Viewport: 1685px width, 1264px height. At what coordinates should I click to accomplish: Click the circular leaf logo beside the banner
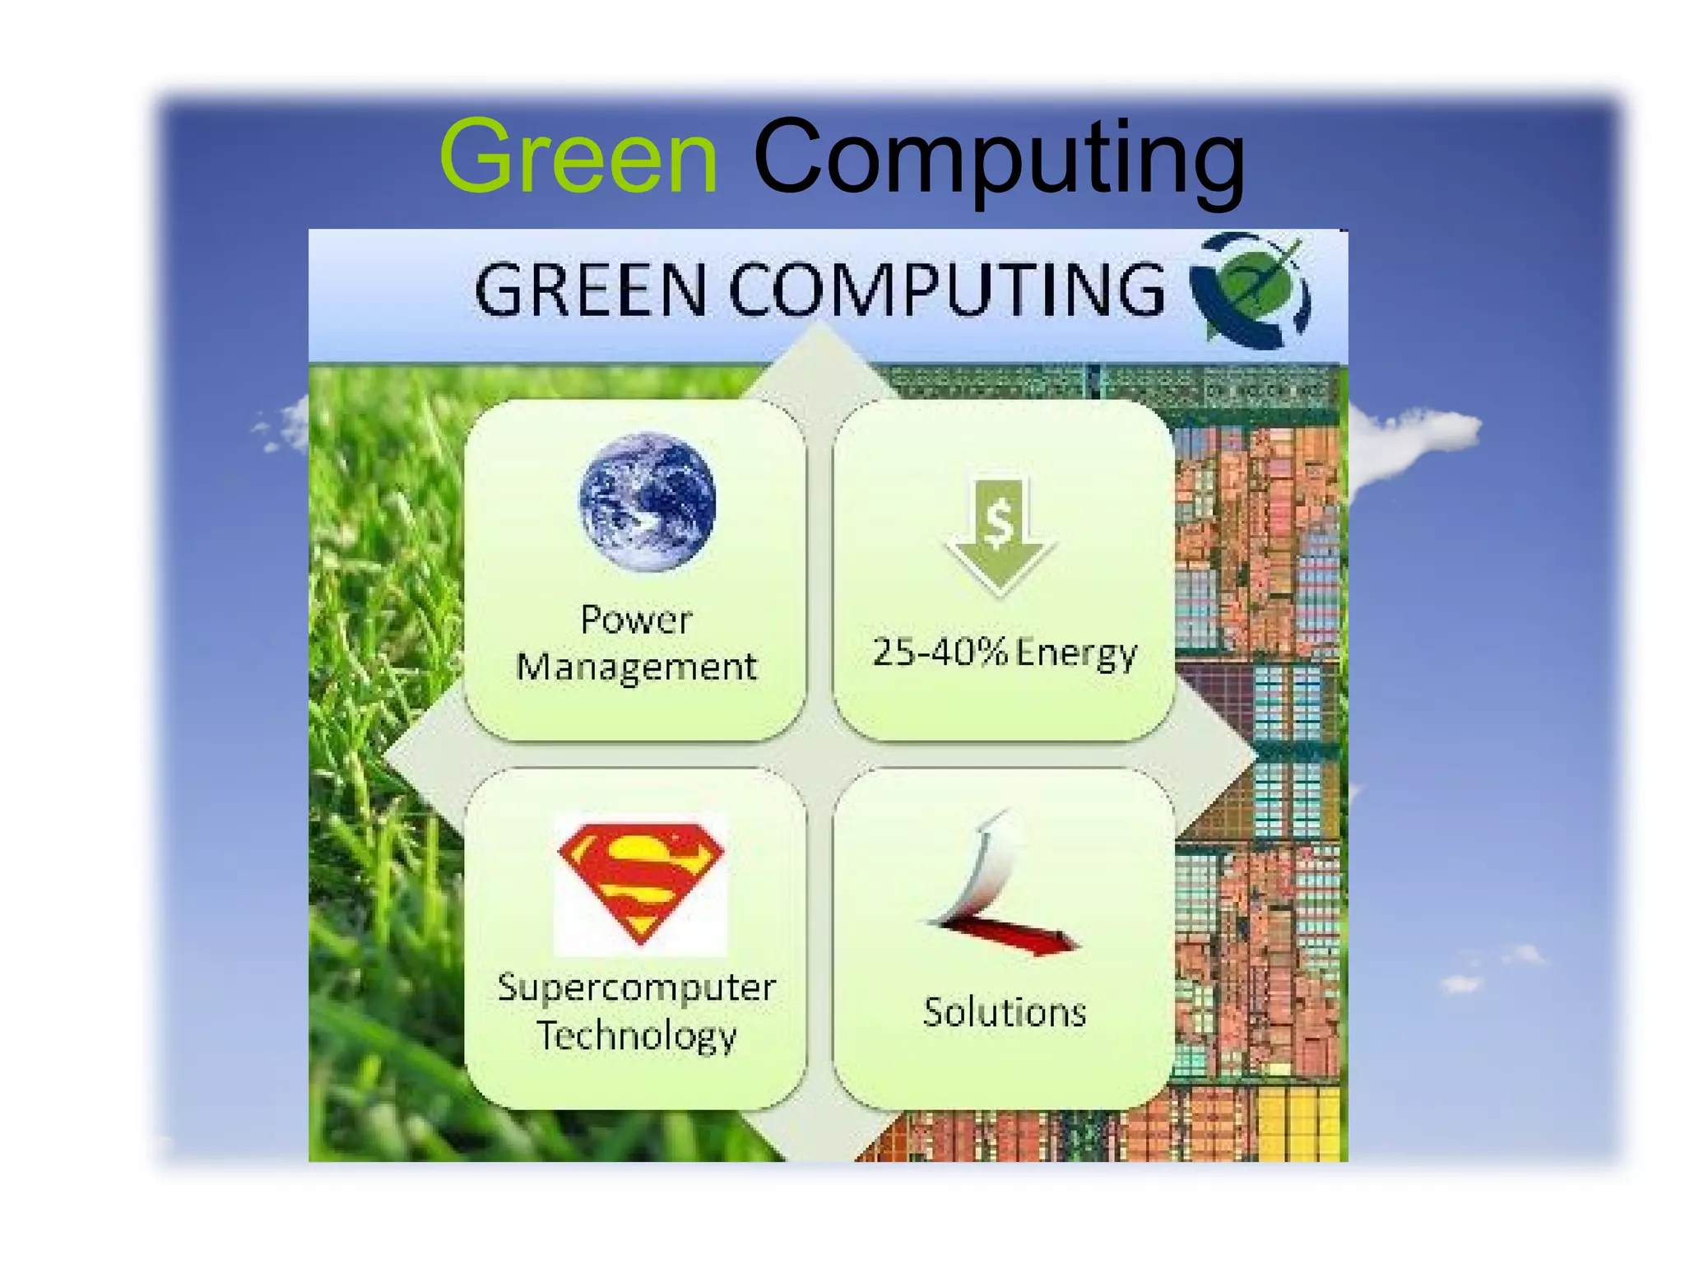tap(1251, 290)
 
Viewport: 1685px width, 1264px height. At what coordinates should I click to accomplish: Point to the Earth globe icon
tap(648, 501)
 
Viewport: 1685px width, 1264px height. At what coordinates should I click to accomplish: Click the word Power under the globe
tap(636, 620)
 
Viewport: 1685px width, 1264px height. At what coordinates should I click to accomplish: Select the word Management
tap(636, 667)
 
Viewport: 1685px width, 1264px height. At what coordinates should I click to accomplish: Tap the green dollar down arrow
tap(1000, 535)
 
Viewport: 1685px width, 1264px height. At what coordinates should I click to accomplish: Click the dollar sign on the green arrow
tap(999, 522)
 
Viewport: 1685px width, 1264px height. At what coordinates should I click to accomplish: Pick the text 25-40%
tap(940, 652)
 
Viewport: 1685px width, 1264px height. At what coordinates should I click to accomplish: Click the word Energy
tap(1076, 653)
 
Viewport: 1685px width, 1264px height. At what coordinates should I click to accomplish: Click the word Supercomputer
tap(636, 987)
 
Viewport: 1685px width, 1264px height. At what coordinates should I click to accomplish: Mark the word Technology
tap(636, 1035)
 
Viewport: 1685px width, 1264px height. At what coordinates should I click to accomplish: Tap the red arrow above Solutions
tap(1012, 936)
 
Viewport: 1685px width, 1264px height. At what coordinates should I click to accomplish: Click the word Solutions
tap(1005, 1012)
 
